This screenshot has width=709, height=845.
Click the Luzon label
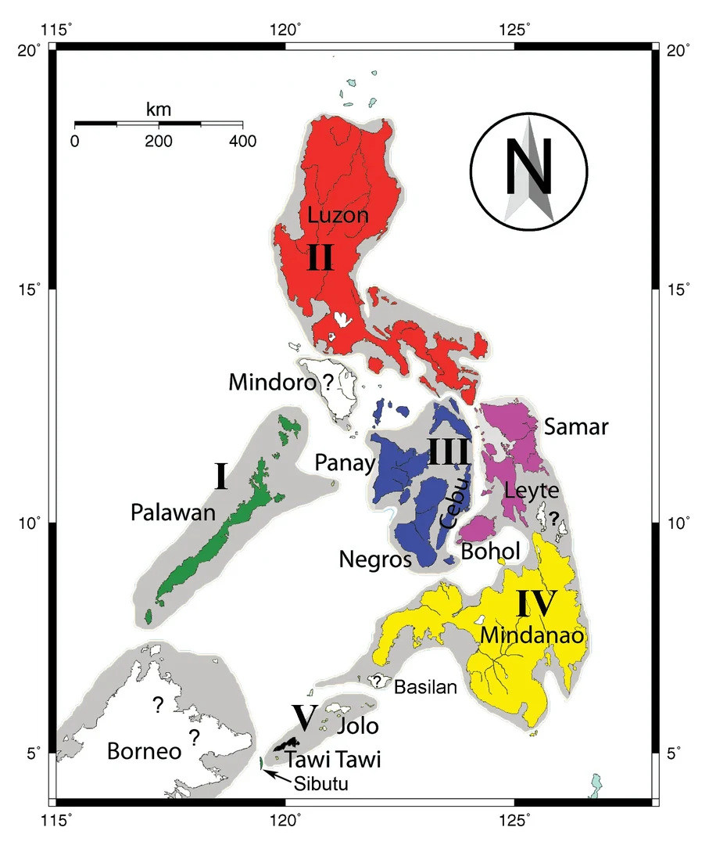tap(338, 215)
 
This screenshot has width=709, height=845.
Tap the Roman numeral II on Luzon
tap(320, 257)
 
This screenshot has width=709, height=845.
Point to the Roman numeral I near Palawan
tap(221, 476)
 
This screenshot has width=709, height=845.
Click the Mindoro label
tap(273, 383)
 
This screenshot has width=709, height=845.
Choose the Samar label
tap(576, 426)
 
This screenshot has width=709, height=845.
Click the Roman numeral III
tap(448, 452)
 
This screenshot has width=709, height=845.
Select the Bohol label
tap(490, 552)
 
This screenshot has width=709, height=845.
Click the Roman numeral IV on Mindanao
tap(535, 603)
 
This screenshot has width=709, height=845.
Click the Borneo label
tap(144, 752)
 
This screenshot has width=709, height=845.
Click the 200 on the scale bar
tap(158, 142)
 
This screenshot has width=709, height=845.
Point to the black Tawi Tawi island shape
tap(286, 744)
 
